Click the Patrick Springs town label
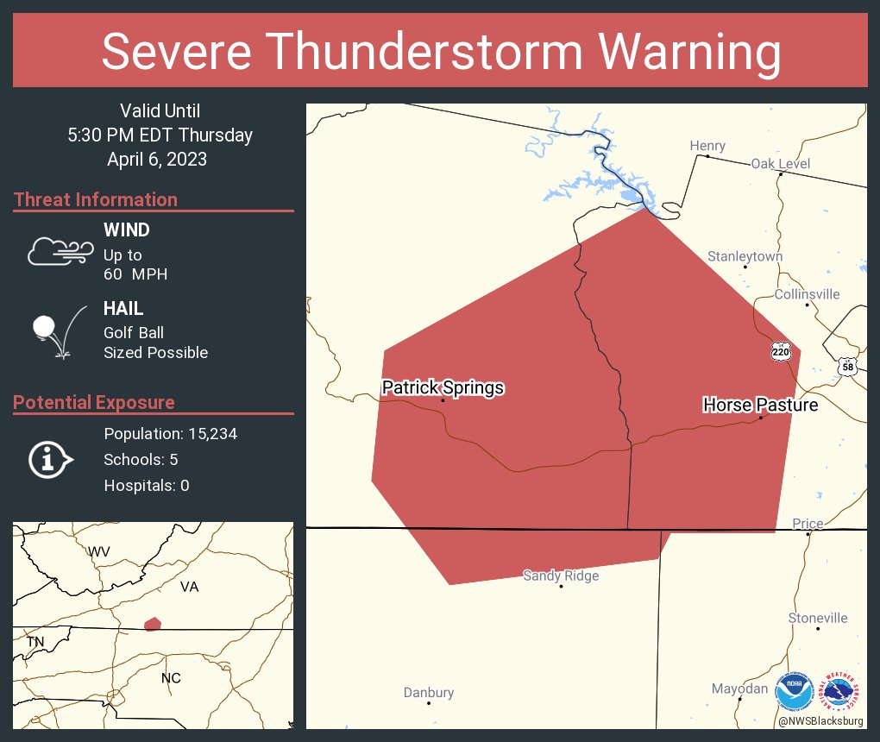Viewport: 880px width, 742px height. click(443, 387)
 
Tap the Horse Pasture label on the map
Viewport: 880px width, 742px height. click(760, 404)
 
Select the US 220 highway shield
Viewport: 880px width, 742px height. click(780, 350)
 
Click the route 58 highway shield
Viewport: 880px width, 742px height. click(847, 367)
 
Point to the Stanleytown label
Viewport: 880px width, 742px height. click(745, 256)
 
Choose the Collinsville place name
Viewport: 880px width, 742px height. click(807, 294)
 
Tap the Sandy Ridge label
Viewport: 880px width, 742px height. click(561, 575)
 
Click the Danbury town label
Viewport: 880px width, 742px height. click(429, 692)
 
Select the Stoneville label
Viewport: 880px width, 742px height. click(818, 618)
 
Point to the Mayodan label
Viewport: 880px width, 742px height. click(739, 689)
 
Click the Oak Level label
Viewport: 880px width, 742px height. click(780, 163)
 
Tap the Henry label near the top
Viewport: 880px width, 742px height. click(707, 146)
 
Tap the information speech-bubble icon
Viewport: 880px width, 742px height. click(50, 459)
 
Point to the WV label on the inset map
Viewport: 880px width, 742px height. click(98, 550)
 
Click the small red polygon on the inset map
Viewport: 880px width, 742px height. click(153, 624)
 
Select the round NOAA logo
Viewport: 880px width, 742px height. click(795, 692)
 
